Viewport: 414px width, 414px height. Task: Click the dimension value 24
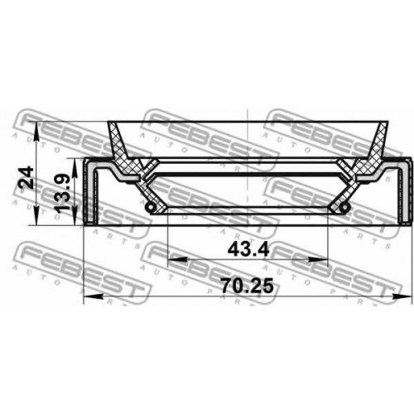26,178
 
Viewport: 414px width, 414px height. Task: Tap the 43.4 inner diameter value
248,250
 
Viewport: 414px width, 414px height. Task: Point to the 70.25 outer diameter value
247,286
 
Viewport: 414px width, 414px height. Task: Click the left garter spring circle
150,207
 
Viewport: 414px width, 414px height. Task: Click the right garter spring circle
344,207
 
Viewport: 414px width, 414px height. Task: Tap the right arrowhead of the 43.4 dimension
318,259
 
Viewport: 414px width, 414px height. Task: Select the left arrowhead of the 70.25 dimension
94,296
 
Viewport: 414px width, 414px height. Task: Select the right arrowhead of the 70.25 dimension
402,296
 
